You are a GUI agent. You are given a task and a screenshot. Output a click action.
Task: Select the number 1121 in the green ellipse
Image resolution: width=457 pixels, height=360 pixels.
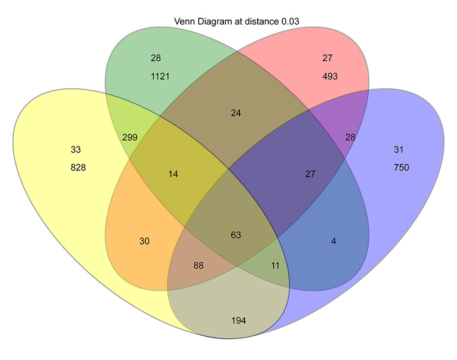(160, 76)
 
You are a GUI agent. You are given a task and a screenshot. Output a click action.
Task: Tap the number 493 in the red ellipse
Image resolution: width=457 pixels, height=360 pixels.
(329, 76)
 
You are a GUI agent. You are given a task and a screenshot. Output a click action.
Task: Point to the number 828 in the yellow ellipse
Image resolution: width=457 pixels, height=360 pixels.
(78, 168)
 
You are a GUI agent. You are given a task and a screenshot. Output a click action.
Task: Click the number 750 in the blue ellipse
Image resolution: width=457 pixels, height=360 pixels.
(401, 168)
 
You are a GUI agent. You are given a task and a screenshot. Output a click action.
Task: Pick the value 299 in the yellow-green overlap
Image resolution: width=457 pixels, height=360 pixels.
(130, 137)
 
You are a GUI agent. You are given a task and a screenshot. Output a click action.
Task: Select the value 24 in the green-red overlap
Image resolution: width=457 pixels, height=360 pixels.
(236, 113)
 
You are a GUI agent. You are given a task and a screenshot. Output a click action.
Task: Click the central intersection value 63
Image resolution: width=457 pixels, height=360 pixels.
(236, 235)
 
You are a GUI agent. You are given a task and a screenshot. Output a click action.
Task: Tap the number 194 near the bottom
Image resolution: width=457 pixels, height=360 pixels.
(239, 321)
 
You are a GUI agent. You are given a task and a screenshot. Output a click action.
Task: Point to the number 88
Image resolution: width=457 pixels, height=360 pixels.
(198, 265)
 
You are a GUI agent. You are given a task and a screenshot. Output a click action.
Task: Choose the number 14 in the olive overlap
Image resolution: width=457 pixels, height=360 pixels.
(173, 174)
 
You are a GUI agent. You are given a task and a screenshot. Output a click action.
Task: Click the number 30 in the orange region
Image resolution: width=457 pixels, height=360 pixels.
(144, 241)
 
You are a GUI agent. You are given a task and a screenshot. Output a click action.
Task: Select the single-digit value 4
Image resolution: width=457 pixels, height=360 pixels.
(334, 241)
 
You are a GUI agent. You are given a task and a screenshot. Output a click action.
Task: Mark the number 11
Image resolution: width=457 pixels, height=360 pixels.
(275, 265)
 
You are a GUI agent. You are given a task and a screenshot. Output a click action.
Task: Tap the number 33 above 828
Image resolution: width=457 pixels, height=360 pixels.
(76, 149)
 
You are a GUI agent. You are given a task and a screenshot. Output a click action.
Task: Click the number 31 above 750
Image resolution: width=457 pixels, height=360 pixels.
(399, 149)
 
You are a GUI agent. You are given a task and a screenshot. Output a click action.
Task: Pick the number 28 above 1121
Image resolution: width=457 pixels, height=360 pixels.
(155, 58)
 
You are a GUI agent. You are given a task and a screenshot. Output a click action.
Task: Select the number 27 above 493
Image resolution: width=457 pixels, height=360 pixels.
(327, 58)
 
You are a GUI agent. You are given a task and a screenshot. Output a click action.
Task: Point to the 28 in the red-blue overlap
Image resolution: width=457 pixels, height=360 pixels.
(350, 137)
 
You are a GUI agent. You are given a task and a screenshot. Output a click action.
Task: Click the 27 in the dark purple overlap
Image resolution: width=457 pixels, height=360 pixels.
(310, 174)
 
